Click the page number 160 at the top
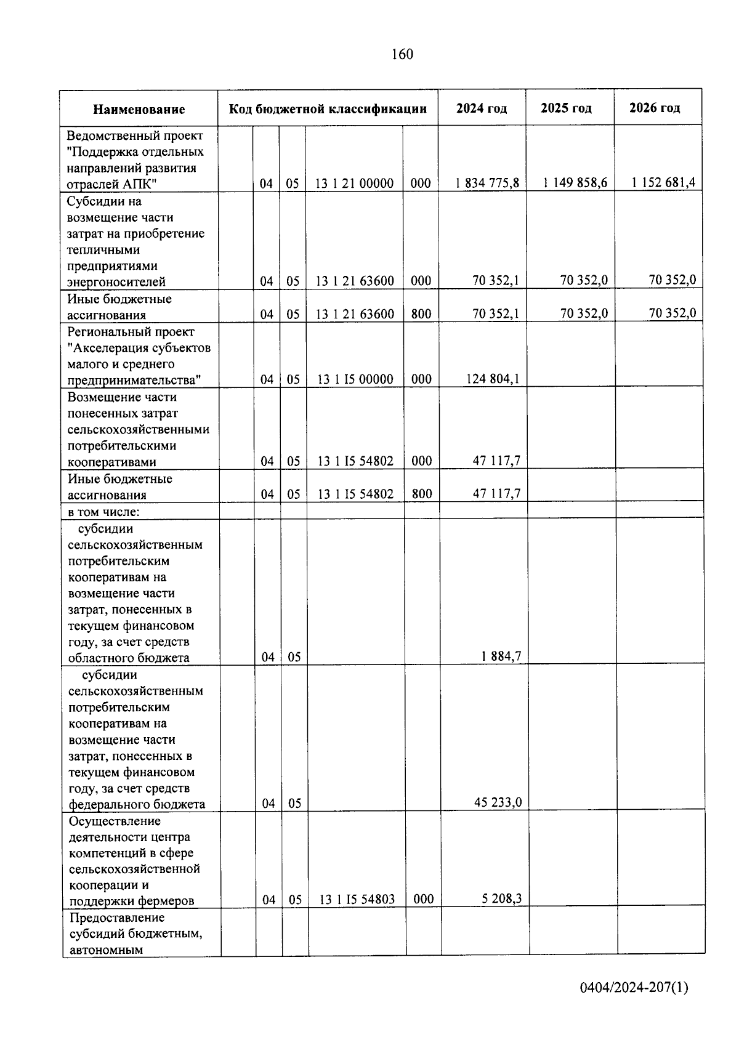[x=402, y=54]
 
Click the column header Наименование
[x=139, y=110]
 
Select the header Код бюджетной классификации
[x=328, y=109]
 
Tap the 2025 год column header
[x=566, y=108]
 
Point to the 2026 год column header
[x=655, y=108]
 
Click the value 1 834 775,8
[x=487, y=183]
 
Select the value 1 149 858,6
[x=575, y=182]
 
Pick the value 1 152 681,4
[x=663, y=182]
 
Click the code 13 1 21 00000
[x=354, y=184]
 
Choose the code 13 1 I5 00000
[x=355, y=379]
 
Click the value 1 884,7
[x=501, y=656]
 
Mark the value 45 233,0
[x=498, y=802]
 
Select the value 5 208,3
[x=501, y=898]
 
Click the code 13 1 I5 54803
[x=357, y=900]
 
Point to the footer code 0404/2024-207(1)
[x=634, y=988]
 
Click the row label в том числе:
[x=103, y=512]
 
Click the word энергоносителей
[x=116, y=282]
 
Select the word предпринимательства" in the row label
[x=134, y=380]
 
